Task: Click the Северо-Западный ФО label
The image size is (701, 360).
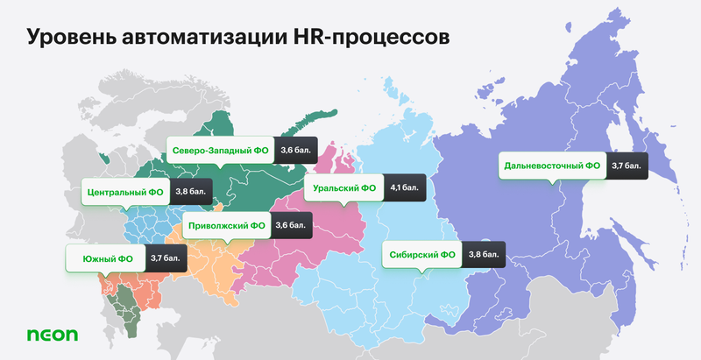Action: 220,151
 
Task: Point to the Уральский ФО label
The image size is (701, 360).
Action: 343,187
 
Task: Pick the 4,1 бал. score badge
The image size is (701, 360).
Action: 405,187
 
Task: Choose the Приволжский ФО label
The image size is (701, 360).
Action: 226,225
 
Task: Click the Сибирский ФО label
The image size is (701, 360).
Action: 421,255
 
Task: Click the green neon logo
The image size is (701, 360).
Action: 52,335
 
